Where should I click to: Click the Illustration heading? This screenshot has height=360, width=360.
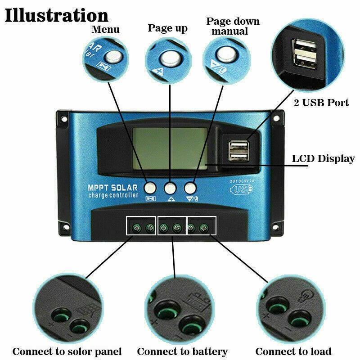pos(57,15)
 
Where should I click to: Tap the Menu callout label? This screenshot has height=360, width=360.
pos(105,30)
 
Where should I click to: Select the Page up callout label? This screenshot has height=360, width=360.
pos(167,28)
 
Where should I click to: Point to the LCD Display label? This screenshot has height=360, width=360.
pos(323,158)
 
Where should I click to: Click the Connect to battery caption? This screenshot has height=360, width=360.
pos(182,351)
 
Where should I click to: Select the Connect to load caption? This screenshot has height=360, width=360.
pos(293,351)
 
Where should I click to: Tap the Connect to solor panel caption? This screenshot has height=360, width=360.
pos(67,351)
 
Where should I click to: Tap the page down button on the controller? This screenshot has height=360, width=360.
pos(190,187)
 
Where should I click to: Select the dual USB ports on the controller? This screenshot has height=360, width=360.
pos(237,150)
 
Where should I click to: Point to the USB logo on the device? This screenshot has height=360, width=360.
pos(242,189)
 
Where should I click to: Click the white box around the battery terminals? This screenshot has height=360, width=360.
pos(171,225)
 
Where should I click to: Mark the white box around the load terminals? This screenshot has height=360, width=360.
pos(201,225)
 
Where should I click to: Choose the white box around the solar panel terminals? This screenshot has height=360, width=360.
pos(141,225)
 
